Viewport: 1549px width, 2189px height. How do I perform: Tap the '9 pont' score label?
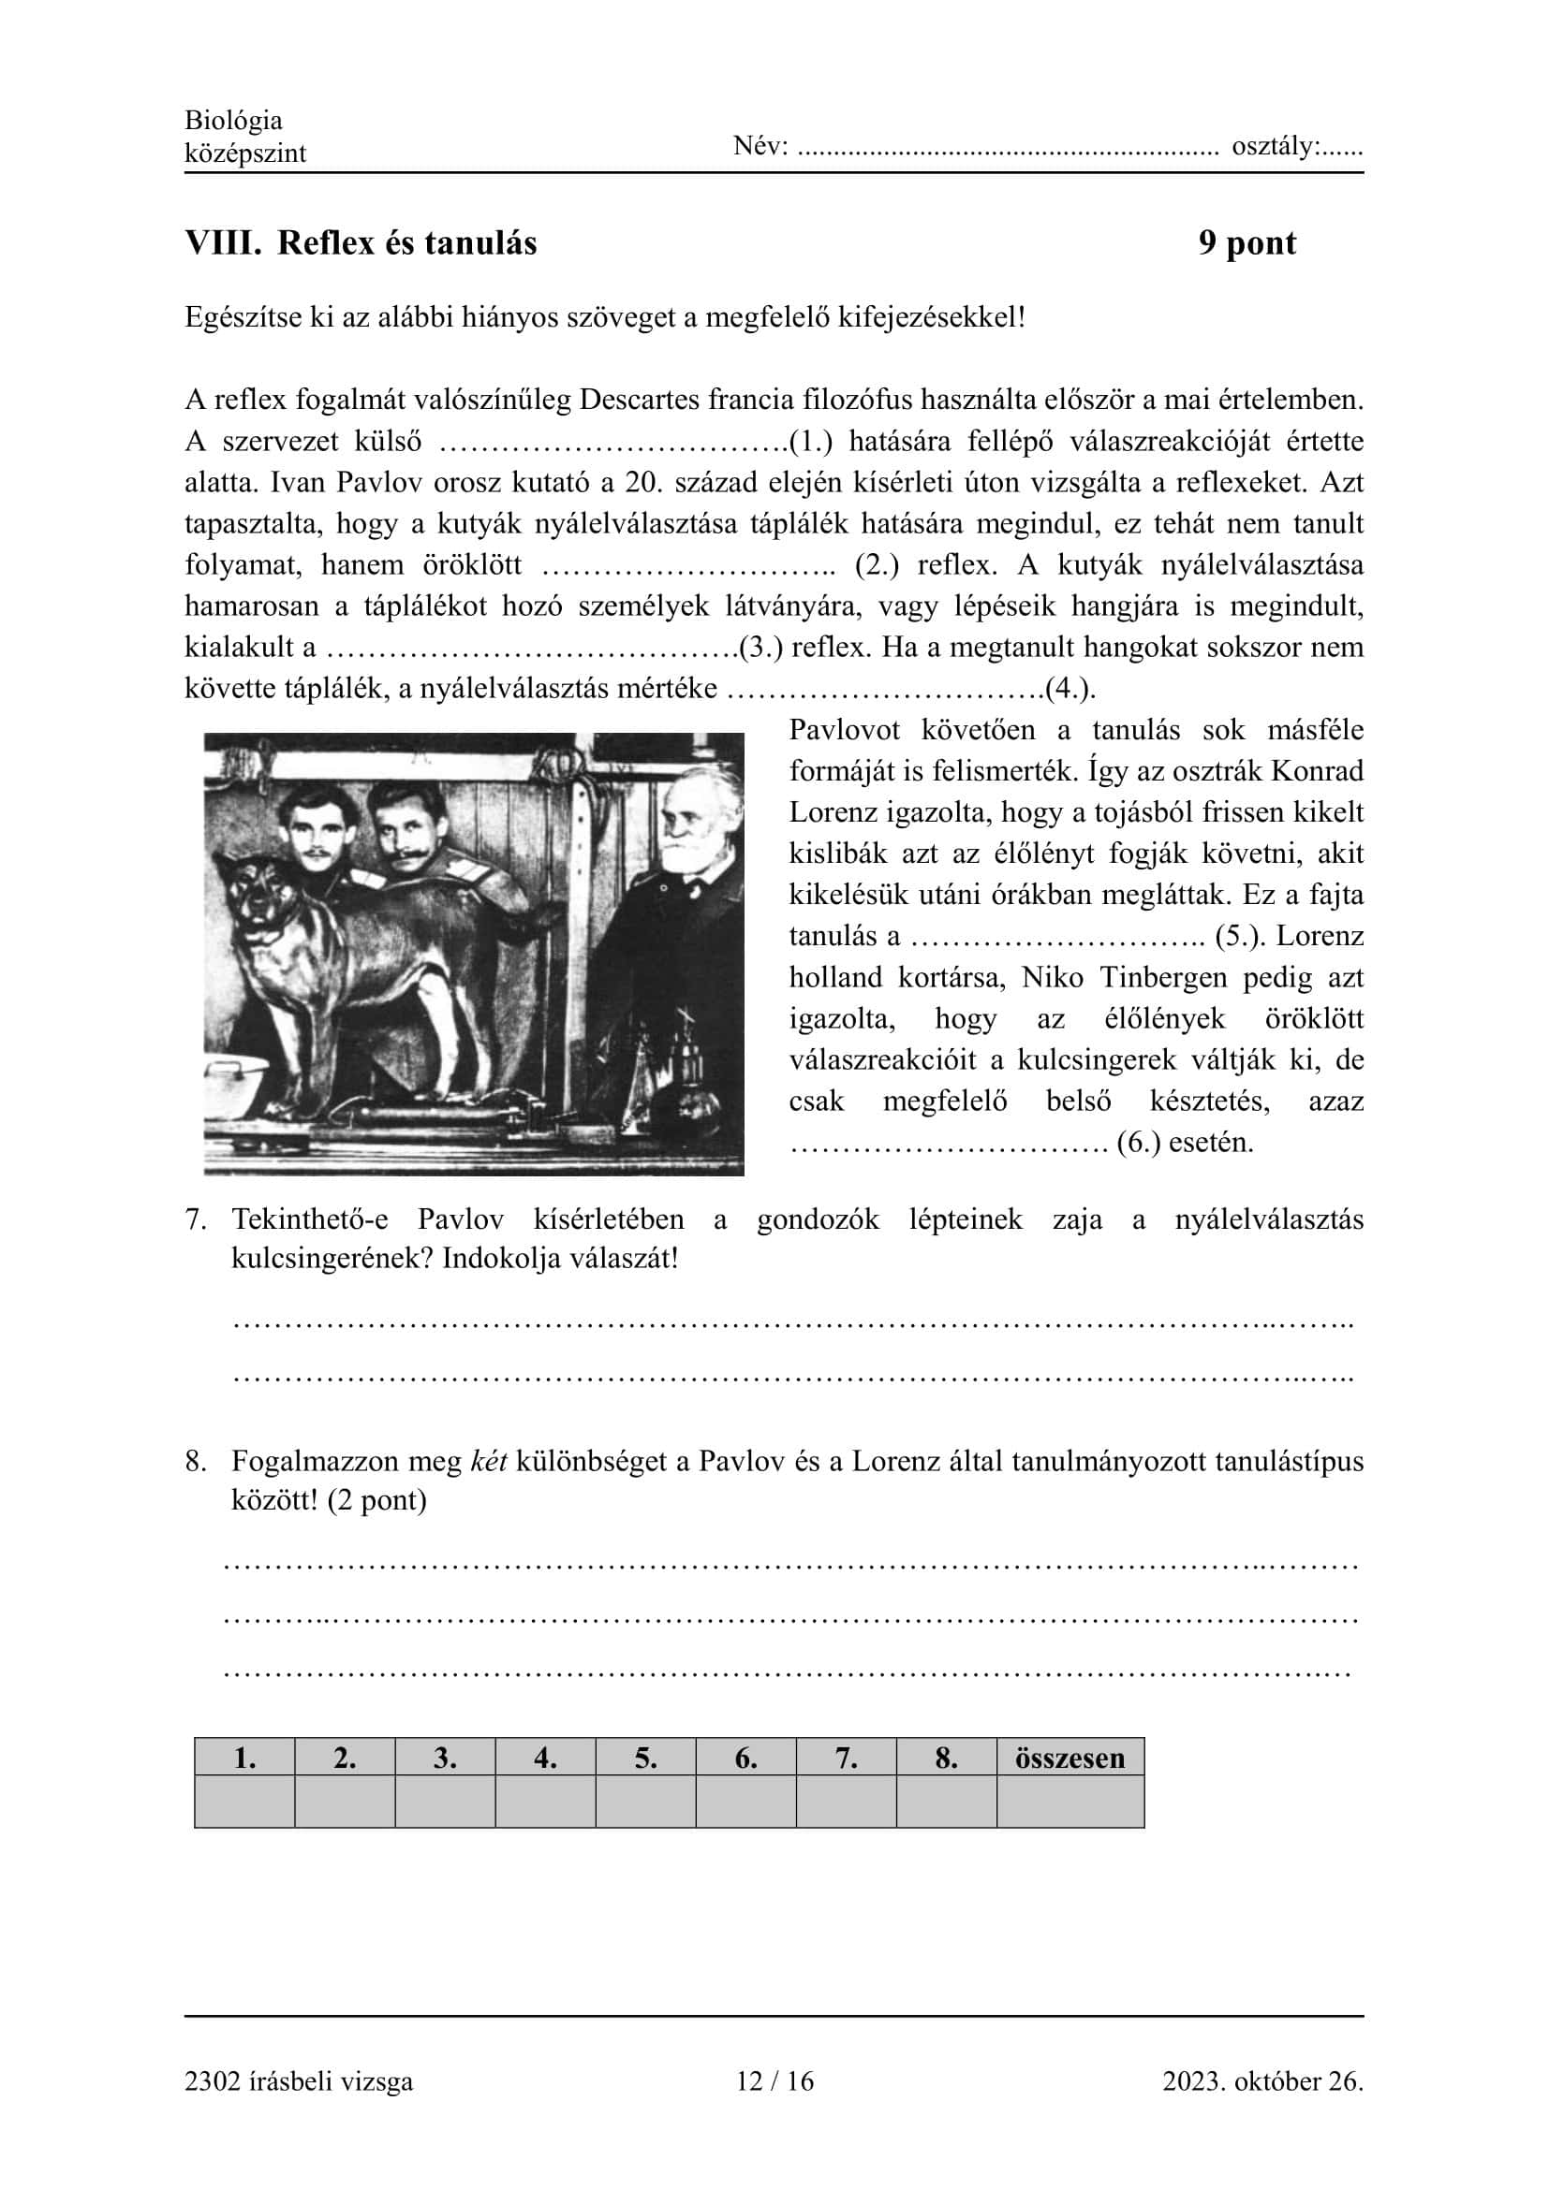[1247, 243]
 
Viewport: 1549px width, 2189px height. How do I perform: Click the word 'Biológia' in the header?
[234, 120]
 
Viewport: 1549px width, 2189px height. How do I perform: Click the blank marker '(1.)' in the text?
[811, 442]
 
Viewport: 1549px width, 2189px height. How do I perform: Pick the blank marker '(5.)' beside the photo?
[1239, 935]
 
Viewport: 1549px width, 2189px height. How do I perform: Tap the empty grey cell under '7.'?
[846, 1801]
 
